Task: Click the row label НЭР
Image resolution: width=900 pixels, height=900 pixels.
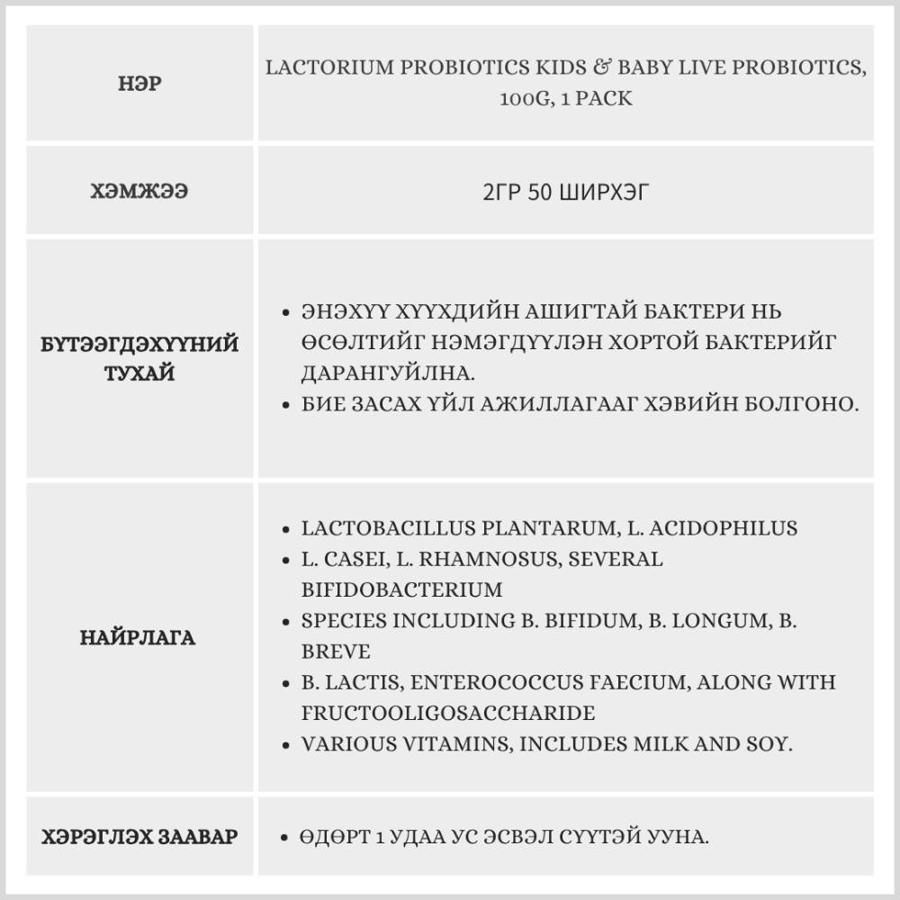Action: pos(139,85)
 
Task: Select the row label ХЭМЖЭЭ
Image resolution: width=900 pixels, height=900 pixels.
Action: pos(139,192)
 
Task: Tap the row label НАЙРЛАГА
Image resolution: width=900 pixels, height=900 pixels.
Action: pos(138,638)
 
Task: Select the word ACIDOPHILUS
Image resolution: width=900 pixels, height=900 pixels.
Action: pos(716,528)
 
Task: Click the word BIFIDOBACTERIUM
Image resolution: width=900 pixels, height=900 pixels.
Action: pos(401,590)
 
